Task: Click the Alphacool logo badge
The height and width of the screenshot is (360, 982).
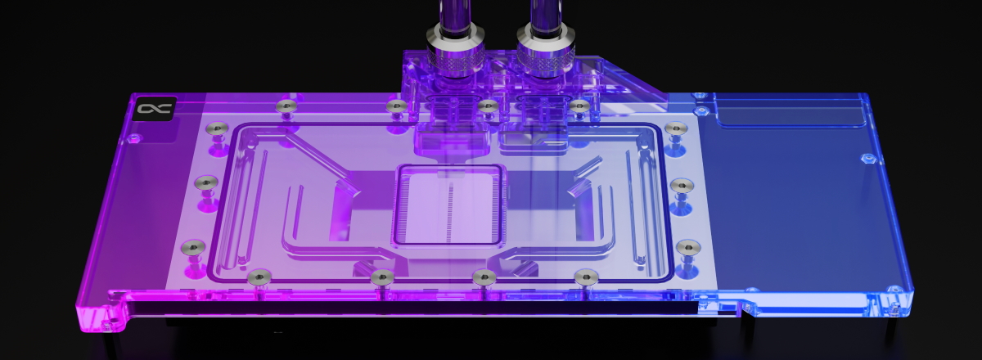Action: tap(151, 109)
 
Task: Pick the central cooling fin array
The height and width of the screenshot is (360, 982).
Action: tap(447, 205)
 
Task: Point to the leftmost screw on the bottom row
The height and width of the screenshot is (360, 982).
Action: tap(259, 275)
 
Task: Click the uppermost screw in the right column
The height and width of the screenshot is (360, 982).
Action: tap(674, 128)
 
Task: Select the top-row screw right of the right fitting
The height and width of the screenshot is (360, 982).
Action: tap(579, 106)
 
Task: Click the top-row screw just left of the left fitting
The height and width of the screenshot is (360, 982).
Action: tap(397, 106)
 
